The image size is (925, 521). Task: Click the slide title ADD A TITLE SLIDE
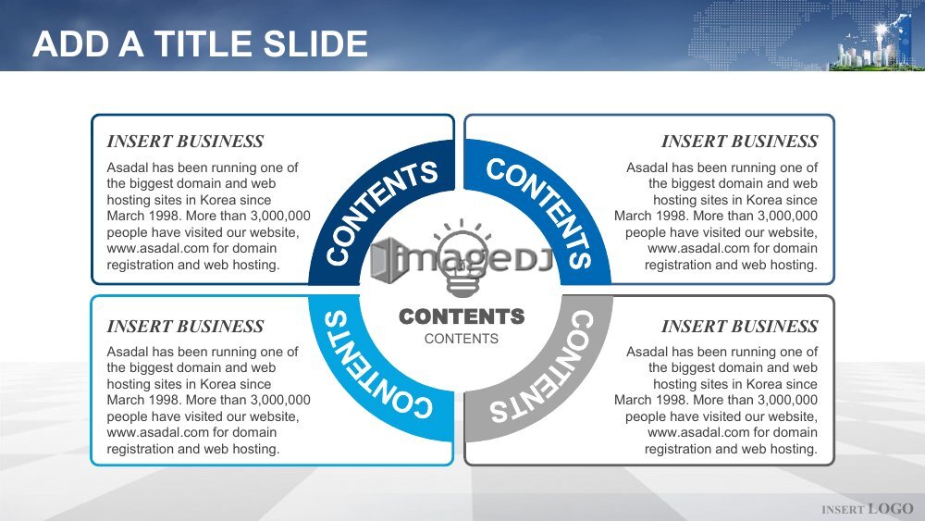pyautogui.click(x=200, y=43)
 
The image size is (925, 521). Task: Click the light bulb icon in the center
pyautogui.click(x=462, y=257)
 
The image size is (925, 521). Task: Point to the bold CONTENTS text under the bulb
pyautogui.click(x=462, y=316)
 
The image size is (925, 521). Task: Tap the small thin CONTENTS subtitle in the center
pyautogui.click(x=462, y=339)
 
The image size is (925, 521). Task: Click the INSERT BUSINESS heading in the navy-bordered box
pyautogui.click(x=185, y=141)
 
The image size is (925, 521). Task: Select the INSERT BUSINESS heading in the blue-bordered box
pyautogui.click(x=739, y=141)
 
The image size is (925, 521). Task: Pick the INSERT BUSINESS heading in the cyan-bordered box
pyautogui.click(x=185, y=326)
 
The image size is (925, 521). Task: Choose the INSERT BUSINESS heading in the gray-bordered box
pyautogui.click(x=739, y=326)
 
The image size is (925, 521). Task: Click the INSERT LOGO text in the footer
pyautogui.click(x=868, y=509)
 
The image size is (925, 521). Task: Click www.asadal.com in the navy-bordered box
pyautogui.click(x=157, y=248)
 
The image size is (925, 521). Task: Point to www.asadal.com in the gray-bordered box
pyautogui.click(x=698, y=432)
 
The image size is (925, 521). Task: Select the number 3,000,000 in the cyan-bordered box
pyautogui.click(x=280, y=400)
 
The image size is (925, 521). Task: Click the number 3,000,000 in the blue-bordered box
pyautogui.click(x=787, y=216)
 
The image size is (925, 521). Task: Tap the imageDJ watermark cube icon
pyautogui.click(x=387, y=260)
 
